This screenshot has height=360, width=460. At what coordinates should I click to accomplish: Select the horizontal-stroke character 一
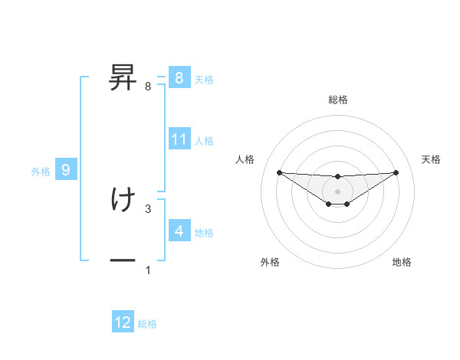123,261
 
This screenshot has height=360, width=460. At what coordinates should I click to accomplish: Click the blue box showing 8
179,77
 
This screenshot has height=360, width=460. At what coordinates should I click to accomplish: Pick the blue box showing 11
179,139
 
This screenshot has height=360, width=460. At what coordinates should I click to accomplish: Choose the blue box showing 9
66,170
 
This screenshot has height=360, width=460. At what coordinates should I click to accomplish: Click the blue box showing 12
123,322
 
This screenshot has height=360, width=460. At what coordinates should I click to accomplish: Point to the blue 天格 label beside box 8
204,79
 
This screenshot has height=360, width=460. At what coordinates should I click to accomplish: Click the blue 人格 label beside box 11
204,141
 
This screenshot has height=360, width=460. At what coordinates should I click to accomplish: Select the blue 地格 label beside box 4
204,232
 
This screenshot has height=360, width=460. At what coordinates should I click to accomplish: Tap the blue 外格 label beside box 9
41,172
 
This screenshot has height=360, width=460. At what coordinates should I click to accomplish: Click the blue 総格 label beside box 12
147,324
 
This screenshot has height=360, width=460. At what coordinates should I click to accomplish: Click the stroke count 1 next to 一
148,270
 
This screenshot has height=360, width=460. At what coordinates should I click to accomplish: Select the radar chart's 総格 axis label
337,100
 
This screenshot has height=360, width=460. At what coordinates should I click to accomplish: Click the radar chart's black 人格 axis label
245,159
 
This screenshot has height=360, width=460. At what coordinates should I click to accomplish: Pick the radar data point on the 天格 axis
396,172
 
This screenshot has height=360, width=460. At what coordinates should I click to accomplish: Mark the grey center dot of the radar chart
337,191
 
